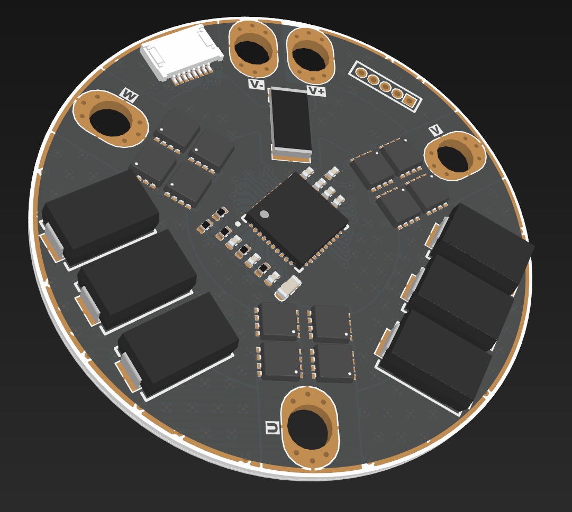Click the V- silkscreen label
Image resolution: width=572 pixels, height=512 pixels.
pos(257,84)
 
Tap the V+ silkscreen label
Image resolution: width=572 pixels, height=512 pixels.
pos(316,90)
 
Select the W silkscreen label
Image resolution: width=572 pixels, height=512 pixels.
pos(129,95)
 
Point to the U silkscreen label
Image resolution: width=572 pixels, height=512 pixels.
pos(273,427)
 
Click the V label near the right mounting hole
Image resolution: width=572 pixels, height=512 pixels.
pos(435,130)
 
